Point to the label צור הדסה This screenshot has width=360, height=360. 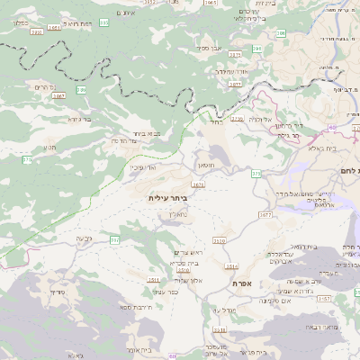(x=123, y=140)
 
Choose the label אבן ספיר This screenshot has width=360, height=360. (x=211, y=48)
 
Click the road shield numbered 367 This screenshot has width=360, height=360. (x=113, y=239)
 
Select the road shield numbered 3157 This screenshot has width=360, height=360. (x=325, y=297)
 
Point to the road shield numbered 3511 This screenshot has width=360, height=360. (x=154, y=280)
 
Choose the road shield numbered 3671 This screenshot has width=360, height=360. (x=198, y=184)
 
